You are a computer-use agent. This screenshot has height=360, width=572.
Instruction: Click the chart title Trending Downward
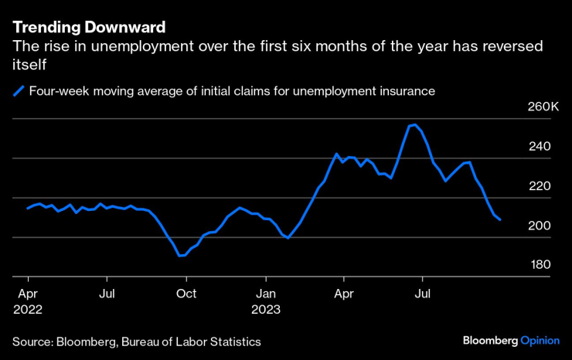point(89,28)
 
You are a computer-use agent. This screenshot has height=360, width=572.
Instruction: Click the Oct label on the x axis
point(186,294)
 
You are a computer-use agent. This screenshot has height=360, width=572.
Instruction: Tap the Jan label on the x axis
point(266,294)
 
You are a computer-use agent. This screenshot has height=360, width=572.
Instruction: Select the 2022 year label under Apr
point(27,309)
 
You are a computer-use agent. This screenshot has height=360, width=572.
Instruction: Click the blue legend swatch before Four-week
point(19,91)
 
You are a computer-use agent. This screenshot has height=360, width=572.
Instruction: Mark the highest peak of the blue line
point(415,124)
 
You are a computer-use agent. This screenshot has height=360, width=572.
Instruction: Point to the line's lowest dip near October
point(181,255)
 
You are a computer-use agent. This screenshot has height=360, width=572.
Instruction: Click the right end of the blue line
point(500,220)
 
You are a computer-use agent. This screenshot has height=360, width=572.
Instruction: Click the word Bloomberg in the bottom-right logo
point(491,341)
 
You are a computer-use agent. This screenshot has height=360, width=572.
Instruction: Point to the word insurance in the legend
point(405,91)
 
